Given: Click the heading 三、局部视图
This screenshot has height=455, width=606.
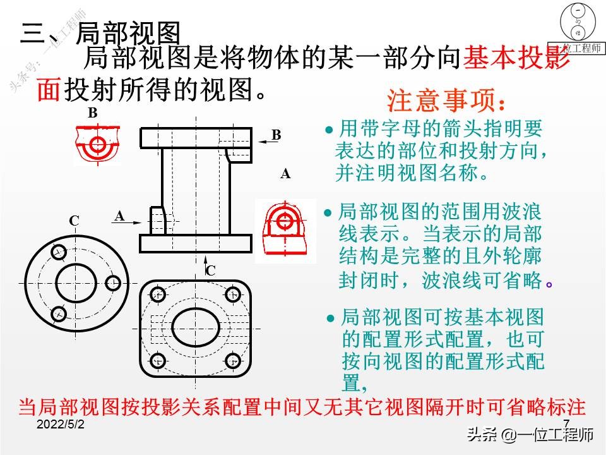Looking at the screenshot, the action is tap(100, 32).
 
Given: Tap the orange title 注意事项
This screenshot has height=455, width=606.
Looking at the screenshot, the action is tap(446, 100).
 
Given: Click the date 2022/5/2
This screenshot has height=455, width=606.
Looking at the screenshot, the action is tap(61, 425).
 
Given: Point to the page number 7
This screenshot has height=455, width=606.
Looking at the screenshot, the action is tap(566, 423).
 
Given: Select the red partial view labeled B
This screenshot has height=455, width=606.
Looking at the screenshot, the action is tap(98, 144).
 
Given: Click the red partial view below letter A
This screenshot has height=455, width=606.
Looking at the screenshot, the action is tap(285, 229).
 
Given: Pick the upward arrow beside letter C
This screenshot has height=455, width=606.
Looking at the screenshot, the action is tap(206, 264).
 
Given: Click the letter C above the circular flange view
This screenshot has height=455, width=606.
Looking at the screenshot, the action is tap(74, 221).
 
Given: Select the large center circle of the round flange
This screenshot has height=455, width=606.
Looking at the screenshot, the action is tap(76, 284).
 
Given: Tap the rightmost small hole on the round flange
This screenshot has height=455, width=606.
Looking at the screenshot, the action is tap(113, 283).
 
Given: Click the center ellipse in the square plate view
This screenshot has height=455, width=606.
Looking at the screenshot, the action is tap(196, 329).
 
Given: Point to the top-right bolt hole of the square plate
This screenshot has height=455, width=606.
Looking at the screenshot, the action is tap(233, 295).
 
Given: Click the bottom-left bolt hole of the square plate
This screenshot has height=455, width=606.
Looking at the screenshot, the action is tap(158, 361).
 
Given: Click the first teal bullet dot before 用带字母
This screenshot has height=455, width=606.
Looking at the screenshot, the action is tap(329, 130).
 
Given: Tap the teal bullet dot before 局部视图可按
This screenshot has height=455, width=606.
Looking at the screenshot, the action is tap(330, 318).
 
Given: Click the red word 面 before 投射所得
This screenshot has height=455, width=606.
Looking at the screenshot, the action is tap(49, 89).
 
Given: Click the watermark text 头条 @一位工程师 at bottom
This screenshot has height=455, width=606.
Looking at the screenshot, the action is tap(530, 435).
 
